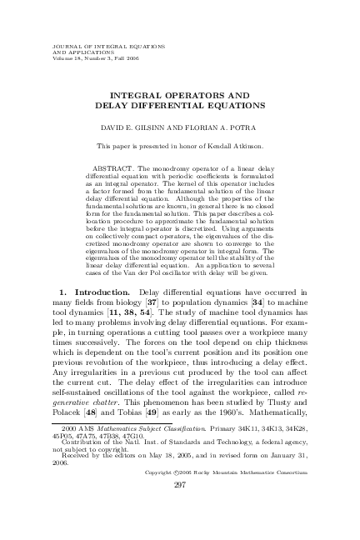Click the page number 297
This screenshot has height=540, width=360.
click(179, 508)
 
